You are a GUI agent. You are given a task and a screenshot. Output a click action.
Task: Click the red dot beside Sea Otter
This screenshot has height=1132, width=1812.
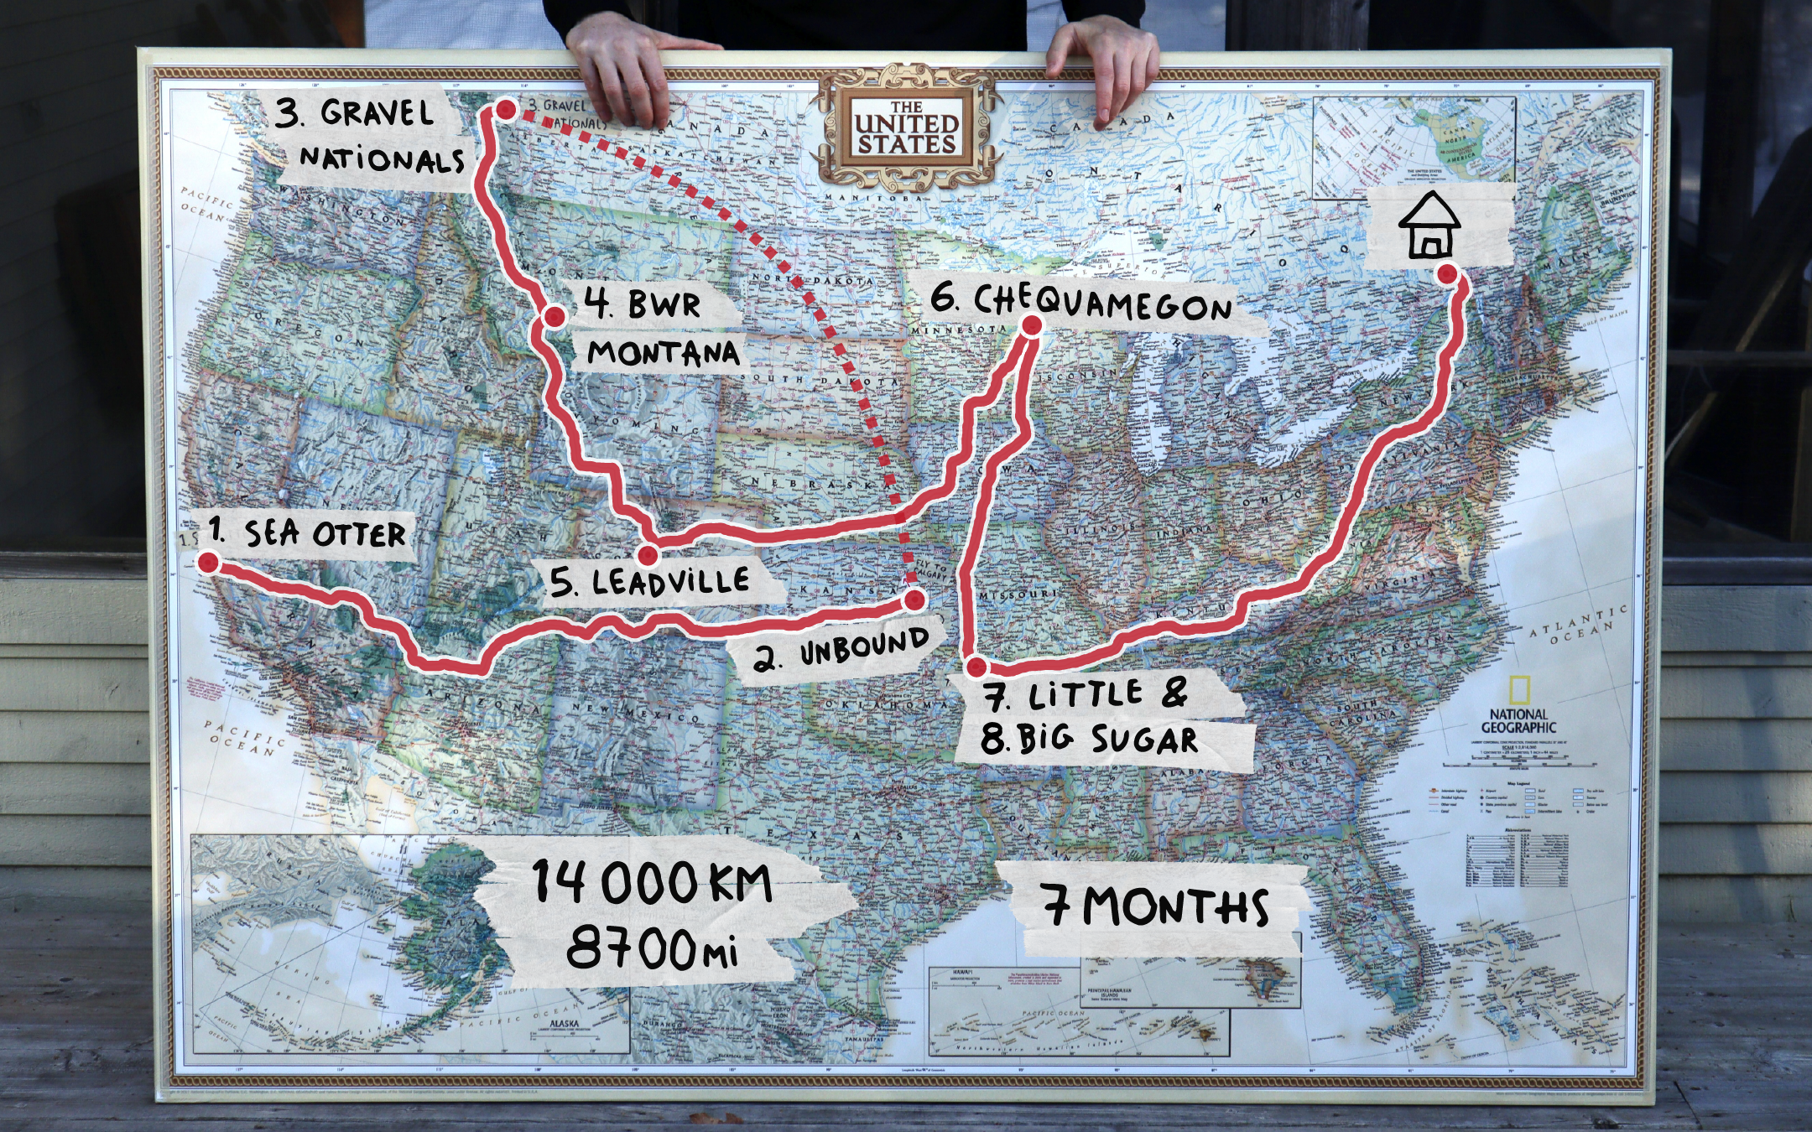point(207,562)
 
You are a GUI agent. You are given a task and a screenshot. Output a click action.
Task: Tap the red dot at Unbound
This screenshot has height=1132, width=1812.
point(915,599)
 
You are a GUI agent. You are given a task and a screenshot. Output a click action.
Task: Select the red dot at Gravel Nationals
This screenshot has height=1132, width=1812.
point(506,110)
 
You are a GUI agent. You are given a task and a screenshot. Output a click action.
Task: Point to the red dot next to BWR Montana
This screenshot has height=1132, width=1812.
point(555,316)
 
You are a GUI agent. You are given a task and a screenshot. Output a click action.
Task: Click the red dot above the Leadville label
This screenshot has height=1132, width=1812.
point(648,554)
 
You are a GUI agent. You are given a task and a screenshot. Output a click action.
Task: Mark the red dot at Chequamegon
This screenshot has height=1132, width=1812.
point(1032,325)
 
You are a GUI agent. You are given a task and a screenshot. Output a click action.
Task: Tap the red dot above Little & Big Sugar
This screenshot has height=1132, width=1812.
point(976,667)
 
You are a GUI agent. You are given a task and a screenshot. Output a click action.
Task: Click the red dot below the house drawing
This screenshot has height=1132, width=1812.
point(1447,273)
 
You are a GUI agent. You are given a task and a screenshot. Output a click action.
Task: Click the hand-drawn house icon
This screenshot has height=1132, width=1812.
point(1429,224)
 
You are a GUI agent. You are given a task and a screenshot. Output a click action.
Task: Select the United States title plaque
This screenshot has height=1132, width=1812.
point(906,128)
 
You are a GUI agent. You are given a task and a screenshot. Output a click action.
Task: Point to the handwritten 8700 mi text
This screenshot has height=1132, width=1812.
point(652,949)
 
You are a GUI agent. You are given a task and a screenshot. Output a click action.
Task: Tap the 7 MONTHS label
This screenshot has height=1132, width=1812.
point(1156,906)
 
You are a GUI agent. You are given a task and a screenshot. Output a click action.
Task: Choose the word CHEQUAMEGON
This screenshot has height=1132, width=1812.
point(1102,303)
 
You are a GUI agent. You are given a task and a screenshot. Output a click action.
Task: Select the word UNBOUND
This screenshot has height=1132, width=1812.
point(864,646)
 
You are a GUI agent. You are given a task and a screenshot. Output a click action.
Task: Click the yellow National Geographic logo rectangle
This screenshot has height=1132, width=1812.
point(1518,690)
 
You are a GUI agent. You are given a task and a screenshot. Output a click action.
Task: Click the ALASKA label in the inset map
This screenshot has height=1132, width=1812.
point(564,1024)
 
